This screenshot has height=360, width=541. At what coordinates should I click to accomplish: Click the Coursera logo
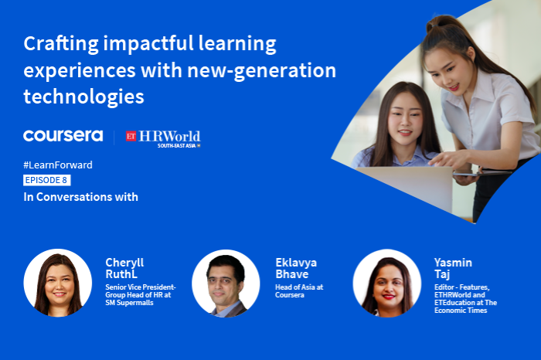pos(63,136)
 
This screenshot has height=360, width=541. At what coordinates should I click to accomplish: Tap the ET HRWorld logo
pos(164,138)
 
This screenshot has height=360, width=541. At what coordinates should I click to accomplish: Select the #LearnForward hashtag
pos(58,165)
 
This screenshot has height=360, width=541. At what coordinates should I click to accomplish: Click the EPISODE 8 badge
pos(47,181)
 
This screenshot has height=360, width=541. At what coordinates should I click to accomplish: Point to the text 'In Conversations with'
pos(80,197)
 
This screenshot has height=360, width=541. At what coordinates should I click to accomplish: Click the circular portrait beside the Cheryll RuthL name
pos(58,283)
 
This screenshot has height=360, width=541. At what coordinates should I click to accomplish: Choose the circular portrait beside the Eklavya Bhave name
pos(226,283)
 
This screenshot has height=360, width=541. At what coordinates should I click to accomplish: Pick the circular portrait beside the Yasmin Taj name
pos(386,283)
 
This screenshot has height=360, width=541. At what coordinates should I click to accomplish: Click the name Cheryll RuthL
pos(124,267)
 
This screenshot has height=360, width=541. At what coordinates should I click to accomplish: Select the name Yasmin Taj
pos(453,267)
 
